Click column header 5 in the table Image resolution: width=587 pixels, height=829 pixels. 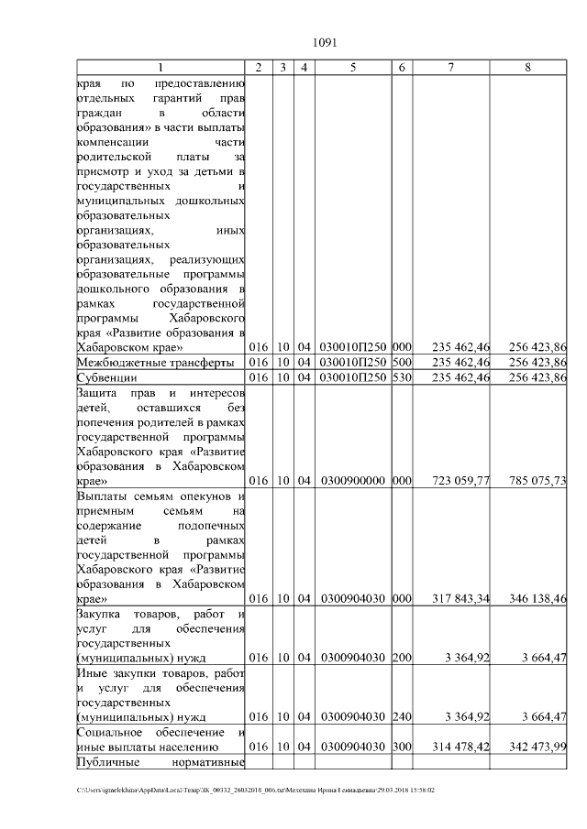(x=353, y=68)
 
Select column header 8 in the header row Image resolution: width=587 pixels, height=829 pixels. (x=527, y=68)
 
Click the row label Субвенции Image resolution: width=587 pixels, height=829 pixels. (x=106, y=377)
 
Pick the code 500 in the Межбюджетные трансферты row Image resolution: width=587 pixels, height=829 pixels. (x=400, y=363)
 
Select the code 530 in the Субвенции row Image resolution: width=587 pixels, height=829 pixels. (x=400, y=377)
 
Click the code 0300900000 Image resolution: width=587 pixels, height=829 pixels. (x=353, y=481)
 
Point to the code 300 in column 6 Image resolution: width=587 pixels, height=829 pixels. (x=400, y=747)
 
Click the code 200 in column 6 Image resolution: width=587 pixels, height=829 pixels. (x=400, y=658)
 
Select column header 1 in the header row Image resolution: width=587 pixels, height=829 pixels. (x=162, y=68)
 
